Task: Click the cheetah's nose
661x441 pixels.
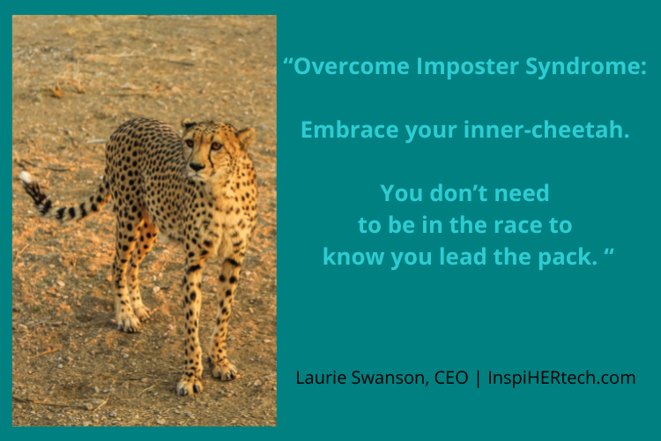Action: point(197,165)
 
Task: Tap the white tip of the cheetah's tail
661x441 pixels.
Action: point(27,177)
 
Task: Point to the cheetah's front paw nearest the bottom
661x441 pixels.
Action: point(189,385)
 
